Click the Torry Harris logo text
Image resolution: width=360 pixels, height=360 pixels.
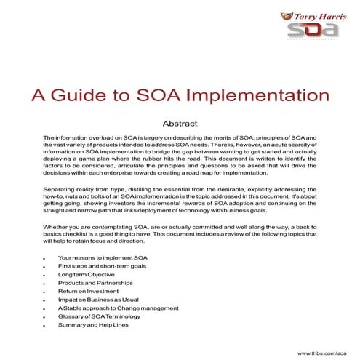point(318,15)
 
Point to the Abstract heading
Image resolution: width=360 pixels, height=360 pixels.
point(179,123)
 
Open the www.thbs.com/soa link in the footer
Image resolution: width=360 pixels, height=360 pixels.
point(328,353)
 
